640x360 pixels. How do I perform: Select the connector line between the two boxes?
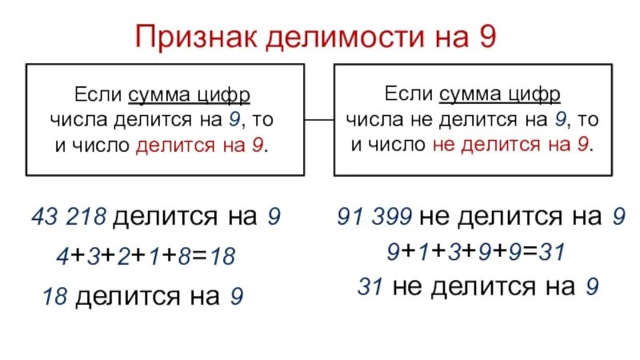(318, 121)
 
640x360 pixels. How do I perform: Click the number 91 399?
(375, 216)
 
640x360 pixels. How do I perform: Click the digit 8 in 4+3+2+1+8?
(186, 257)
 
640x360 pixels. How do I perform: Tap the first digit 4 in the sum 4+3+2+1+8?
(62, 257)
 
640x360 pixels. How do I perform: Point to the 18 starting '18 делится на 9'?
(54, 297)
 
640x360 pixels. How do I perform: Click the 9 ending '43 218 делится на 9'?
(274, 217)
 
